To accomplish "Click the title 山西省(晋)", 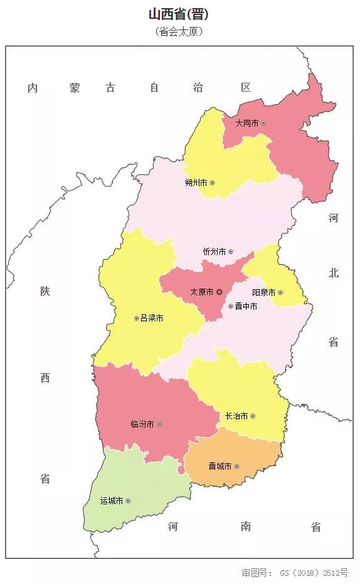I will pyautogui.click(x=179, y=14).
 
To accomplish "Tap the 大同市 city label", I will pyautogui.click(x=246, y=124).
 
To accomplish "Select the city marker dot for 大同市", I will pyautogui.click(x=263, y=124).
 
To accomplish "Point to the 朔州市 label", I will pyautogui.click(x=196, y=183).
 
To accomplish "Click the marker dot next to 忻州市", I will pyautogui.click(x=230, y=252).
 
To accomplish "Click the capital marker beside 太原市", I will pyautogui.click(x=220, y=292).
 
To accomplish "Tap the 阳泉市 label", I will pyautogui.click(x=263, y=292).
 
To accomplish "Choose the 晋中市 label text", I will pyautogui.click(x=246, y=307).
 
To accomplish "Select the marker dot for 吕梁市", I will pyautogui.click(x=136, y=319).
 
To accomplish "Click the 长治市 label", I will pyautogui.click(x=236, y=416).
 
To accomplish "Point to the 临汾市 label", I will pyautogui.click(x=142, y=425).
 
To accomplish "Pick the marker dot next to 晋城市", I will pyautogui.click(x=237, y=466).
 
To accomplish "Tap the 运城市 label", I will pyautogui.click(x=112, y=501).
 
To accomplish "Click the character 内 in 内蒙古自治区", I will pyautogui.click(x=33, y=88).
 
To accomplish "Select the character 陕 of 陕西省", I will pyautogui.click(x=45, y=292).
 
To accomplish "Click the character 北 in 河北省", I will pyautogui.click(x=333, y=273).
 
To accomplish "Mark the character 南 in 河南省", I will pyautogui.click(x=246, y=527).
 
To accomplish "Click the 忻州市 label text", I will pyautogui.click(x=214, y=252).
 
